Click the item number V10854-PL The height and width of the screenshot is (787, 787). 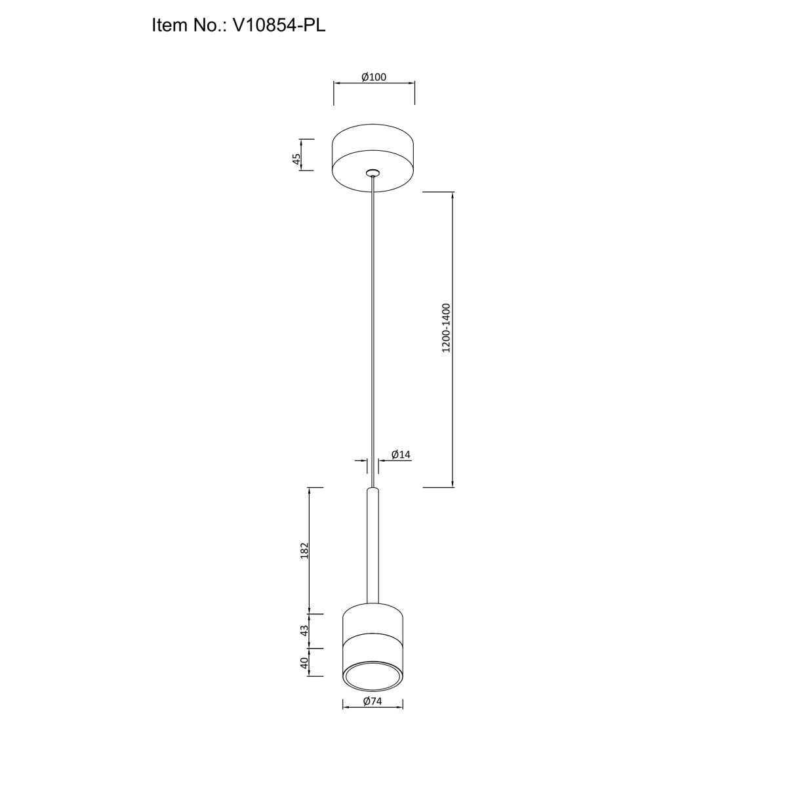279,26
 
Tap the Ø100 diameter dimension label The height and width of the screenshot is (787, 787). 374,77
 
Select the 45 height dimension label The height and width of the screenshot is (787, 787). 296,159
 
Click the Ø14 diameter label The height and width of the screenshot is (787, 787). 401,454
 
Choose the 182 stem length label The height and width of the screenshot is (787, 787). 304,550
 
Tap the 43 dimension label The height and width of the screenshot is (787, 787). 304,630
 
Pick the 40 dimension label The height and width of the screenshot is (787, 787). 304,663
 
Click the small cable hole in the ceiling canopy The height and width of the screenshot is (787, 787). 373,172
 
